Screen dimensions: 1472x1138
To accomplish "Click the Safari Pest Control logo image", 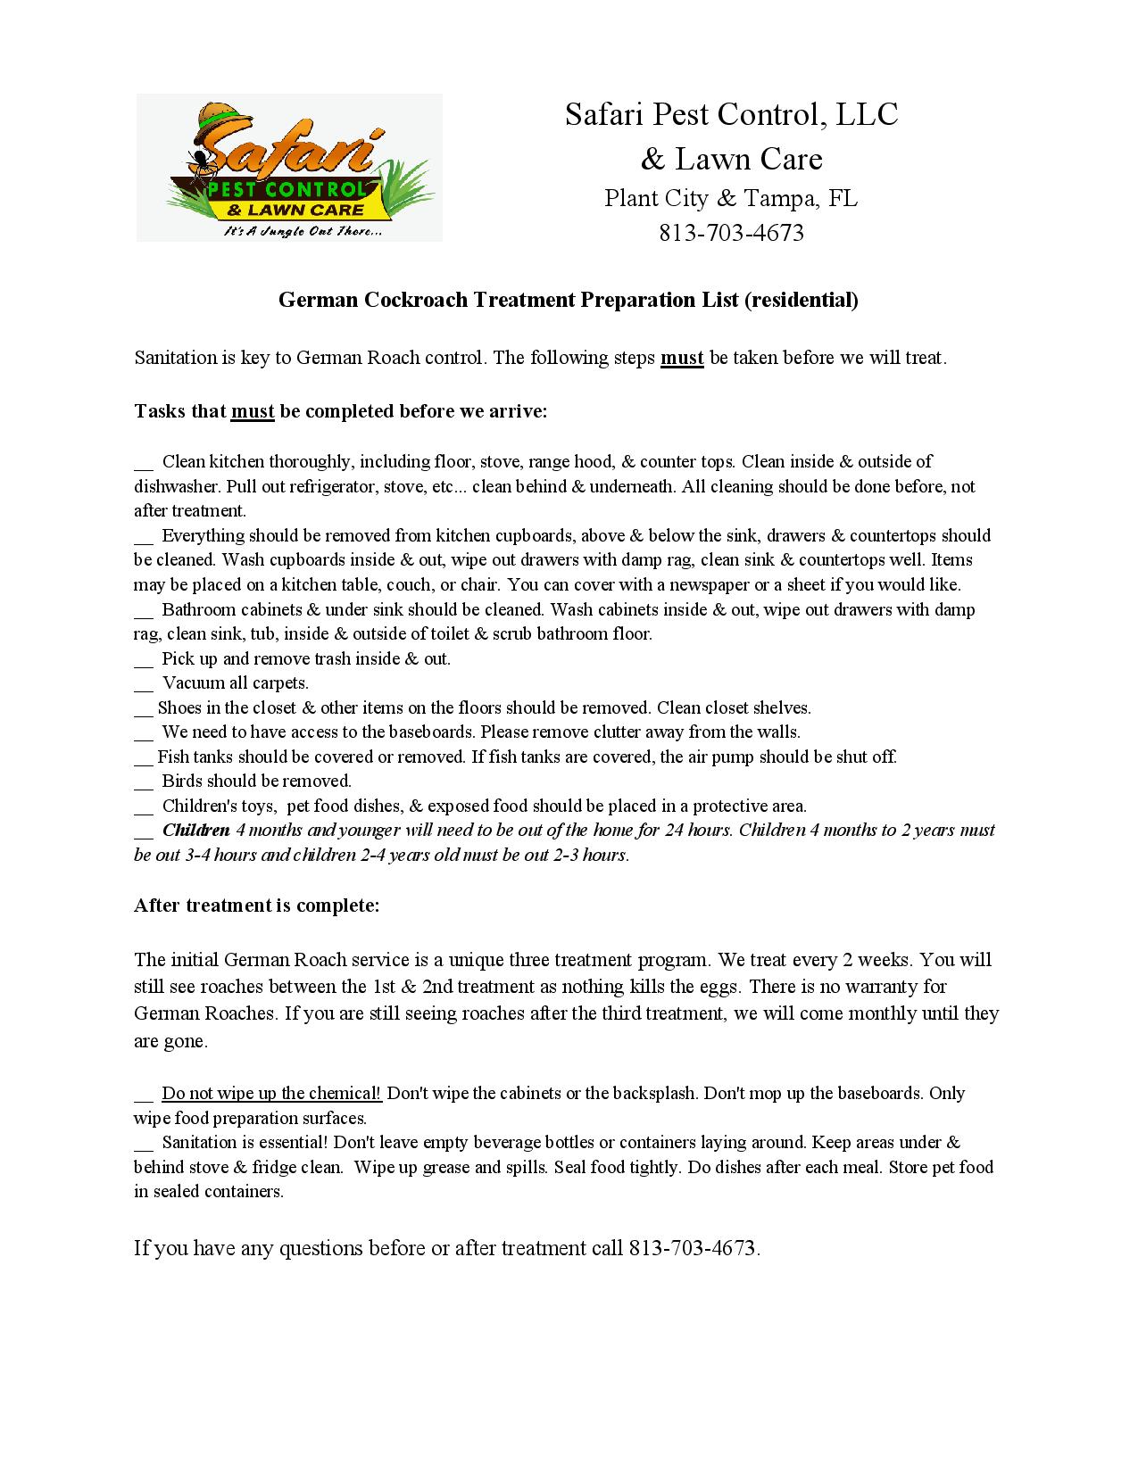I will click(x=289, y=168).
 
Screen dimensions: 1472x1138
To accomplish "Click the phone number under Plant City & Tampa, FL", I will click(x=731, y=233).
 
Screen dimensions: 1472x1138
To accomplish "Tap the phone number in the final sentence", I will click(x=693, y=1248).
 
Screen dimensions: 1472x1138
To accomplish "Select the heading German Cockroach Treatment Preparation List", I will click(x=568, y=300).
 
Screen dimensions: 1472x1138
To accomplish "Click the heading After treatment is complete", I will click(x=257, y=906).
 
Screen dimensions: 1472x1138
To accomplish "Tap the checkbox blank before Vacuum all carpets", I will click(x=144, y=684).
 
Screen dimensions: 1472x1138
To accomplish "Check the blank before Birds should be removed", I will click(x=144, y=782).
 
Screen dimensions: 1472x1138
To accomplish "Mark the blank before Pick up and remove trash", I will click(x=144, y=660).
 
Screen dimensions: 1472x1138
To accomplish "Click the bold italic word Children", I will click(x=195, y=831).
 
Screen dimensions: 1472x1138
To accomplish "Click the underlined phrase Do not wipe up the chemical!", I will click(x=271, y=1094).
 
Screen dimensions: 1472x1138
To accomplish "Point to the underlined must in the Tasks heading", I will click(x=253, y=411).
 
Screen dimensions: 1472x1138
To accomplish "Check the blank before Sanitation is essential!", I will click(x=144, y=1144).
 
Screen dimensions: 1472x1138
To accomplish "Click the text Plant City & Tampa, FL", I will click(x=731, y=198).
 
